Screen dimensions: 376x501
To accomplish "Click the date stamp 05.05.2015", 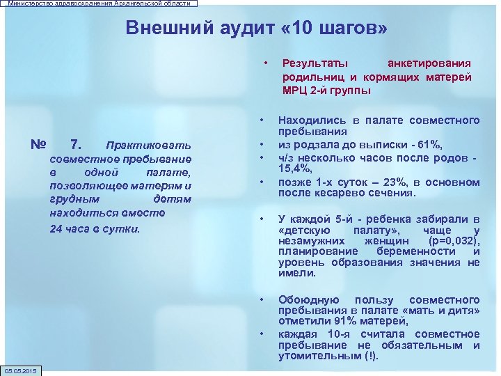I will (x=22, y=370).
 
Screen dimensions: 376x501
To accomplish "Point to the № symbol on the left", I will (x=39, y=145).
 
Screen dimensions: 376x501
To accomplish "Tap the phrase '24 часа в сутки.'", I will (x=95, y=228).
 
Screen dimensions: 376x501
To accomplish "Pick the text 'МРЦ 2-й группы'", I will (x=326, y=91).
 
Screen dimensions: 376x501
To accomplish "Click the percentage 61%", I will (x=430, y=144).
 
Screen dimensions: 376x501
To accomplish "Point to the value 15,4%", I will (x=295, y=168).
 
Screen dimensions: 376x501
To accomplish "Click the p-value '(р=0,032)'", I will (x=450, y=241).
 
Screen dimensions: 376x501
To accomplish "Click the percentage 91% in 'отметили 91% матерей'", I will (x=344, y=321).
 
